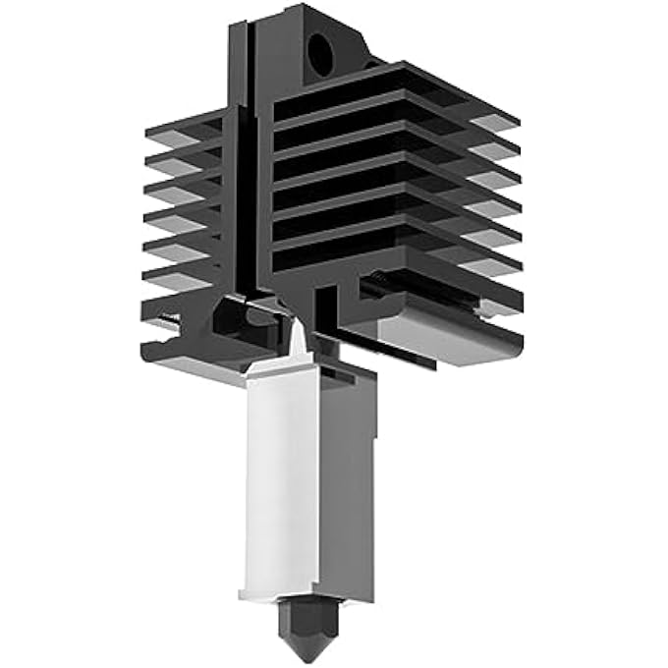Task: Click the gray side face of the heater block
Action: [348, 481]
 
